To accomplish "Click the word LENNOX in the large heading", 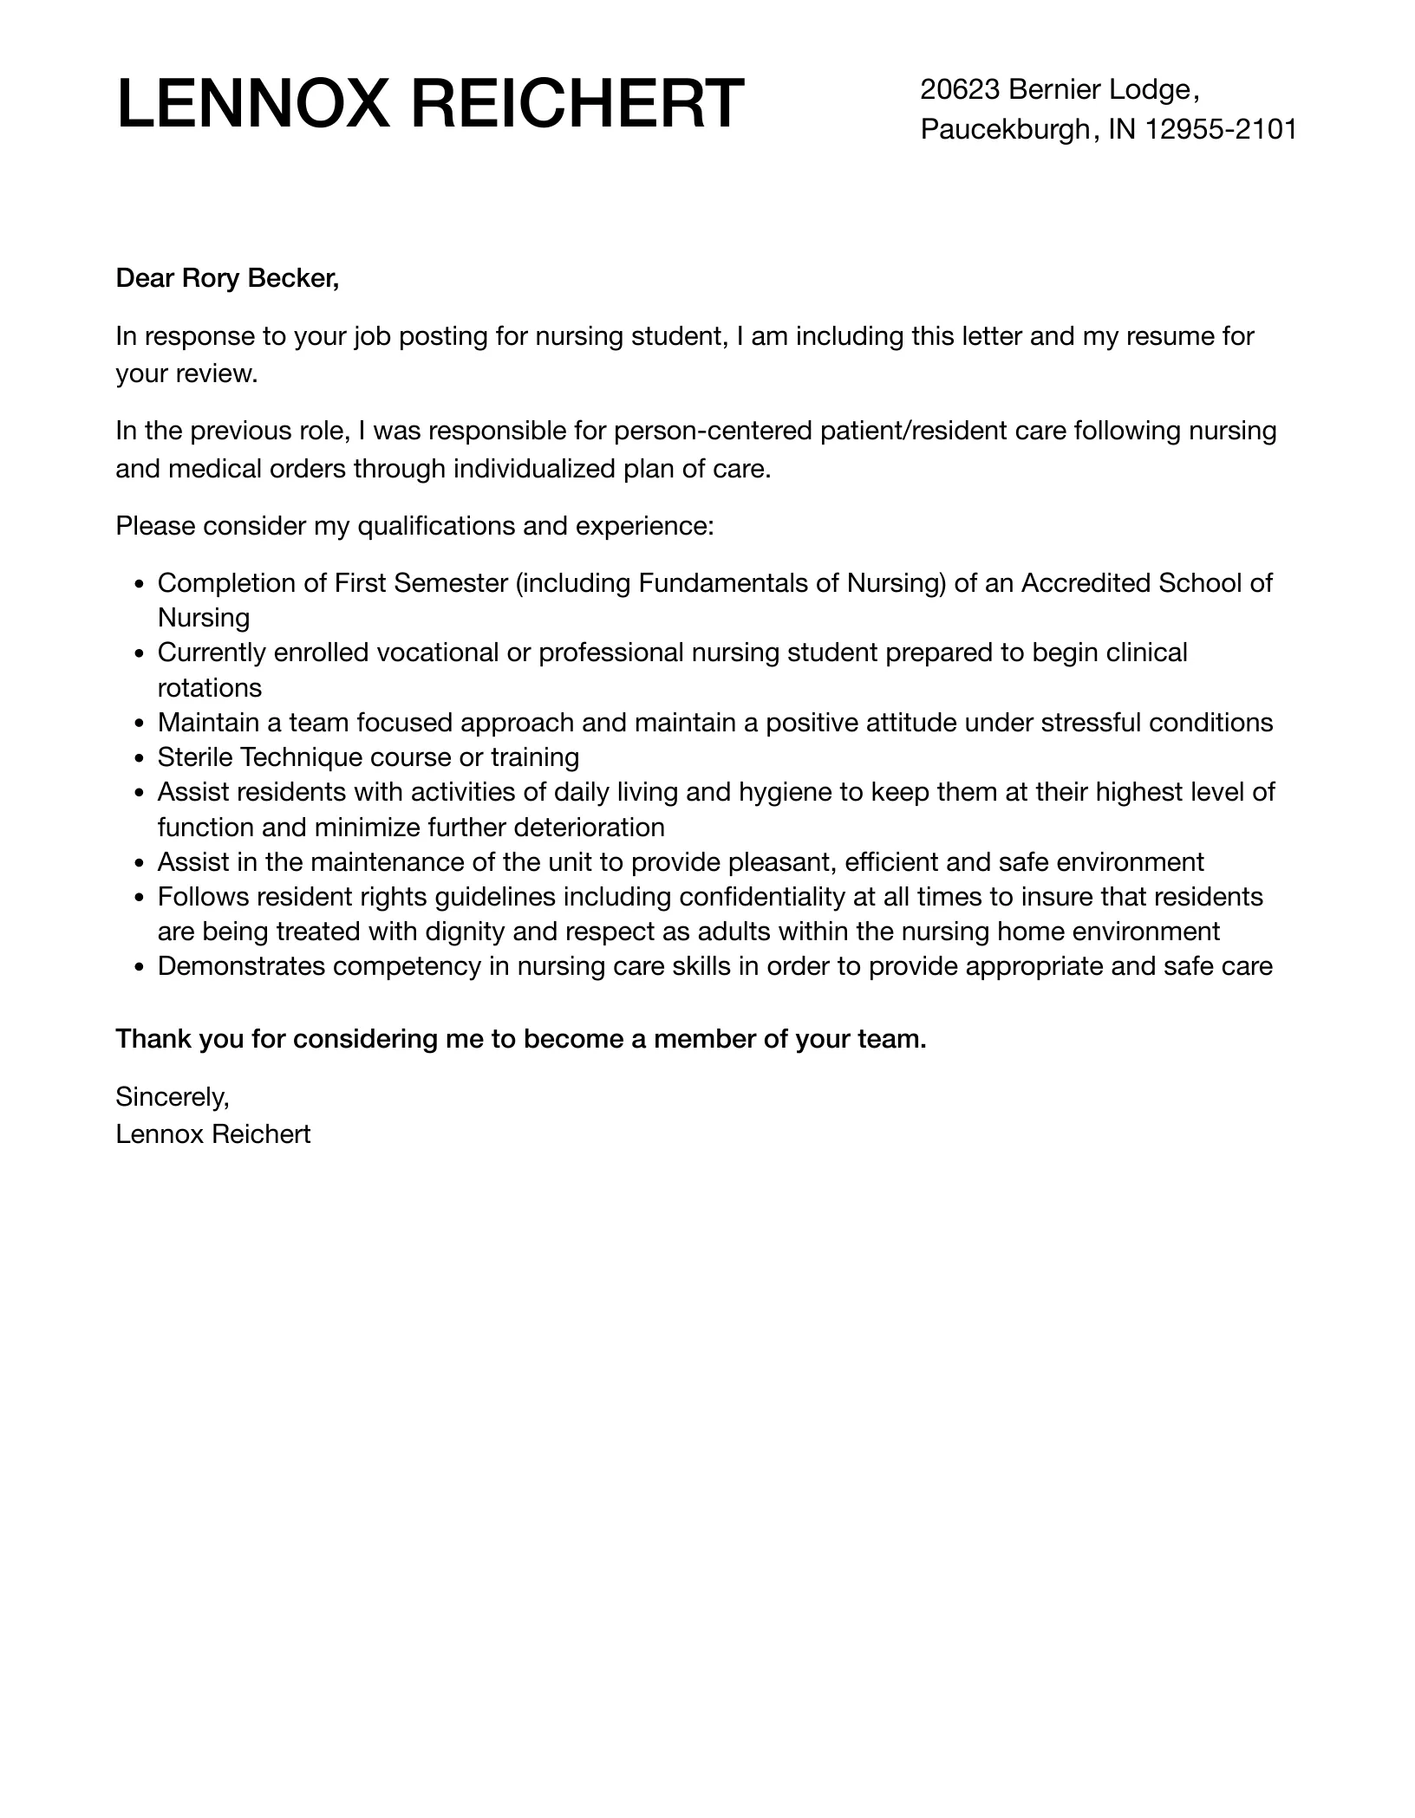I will [252, 104].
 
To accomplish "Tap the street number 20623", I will [961, 89].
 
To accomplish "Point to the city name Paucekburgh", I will [1004, 129].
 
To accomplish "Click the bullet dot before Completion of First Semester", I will [139, 584].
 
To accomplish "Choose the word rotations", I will [209, 688].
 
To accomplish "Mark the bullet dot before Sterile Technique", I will [139, 758].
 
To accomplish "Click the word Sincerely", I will [172, 1097].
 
